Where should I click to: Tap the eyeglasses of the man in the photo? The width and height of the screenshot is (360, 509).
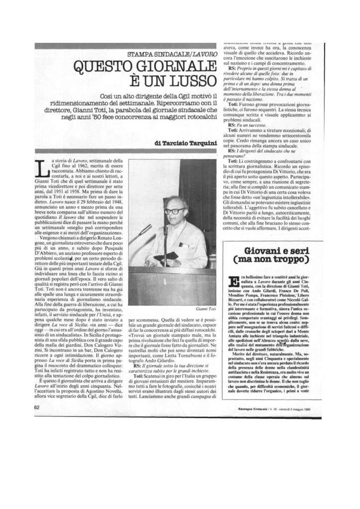(175, 211)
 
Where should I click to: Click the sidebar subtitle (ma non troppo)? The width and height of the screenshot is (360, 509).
(271, 260)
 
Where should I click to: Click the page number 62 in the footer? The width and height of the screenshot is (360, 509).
(37, 407)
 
